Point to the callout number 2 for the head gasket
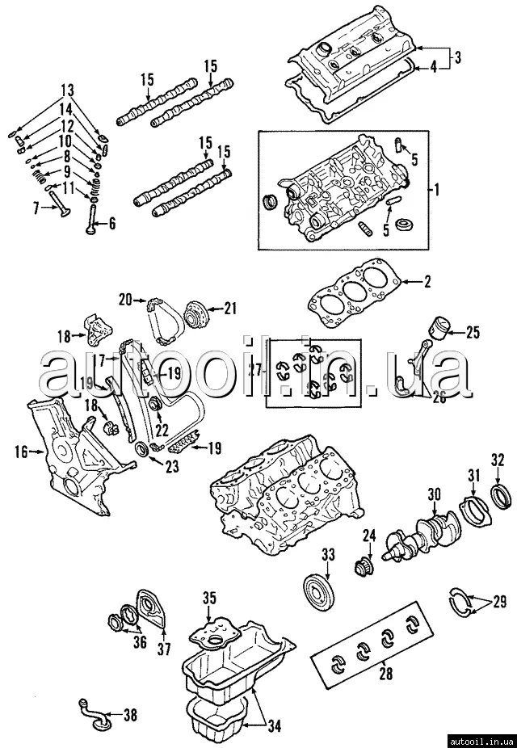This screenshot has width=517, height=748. (428, 282)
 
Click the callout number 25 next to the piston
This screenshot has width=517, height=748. (472, 330)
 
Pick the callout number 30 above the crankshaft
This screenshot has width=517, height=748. (434, 495)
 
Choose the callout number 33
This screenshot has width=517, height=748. (327, 554)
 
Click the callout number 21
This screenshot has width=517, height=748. (231, 308)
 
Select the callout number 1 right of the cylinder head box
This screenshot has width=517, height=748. (437, 191)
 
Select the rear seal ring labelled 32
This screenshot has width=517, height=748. (501, 494)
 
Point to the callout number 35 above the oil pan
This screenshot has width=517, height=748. (209, 599)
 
